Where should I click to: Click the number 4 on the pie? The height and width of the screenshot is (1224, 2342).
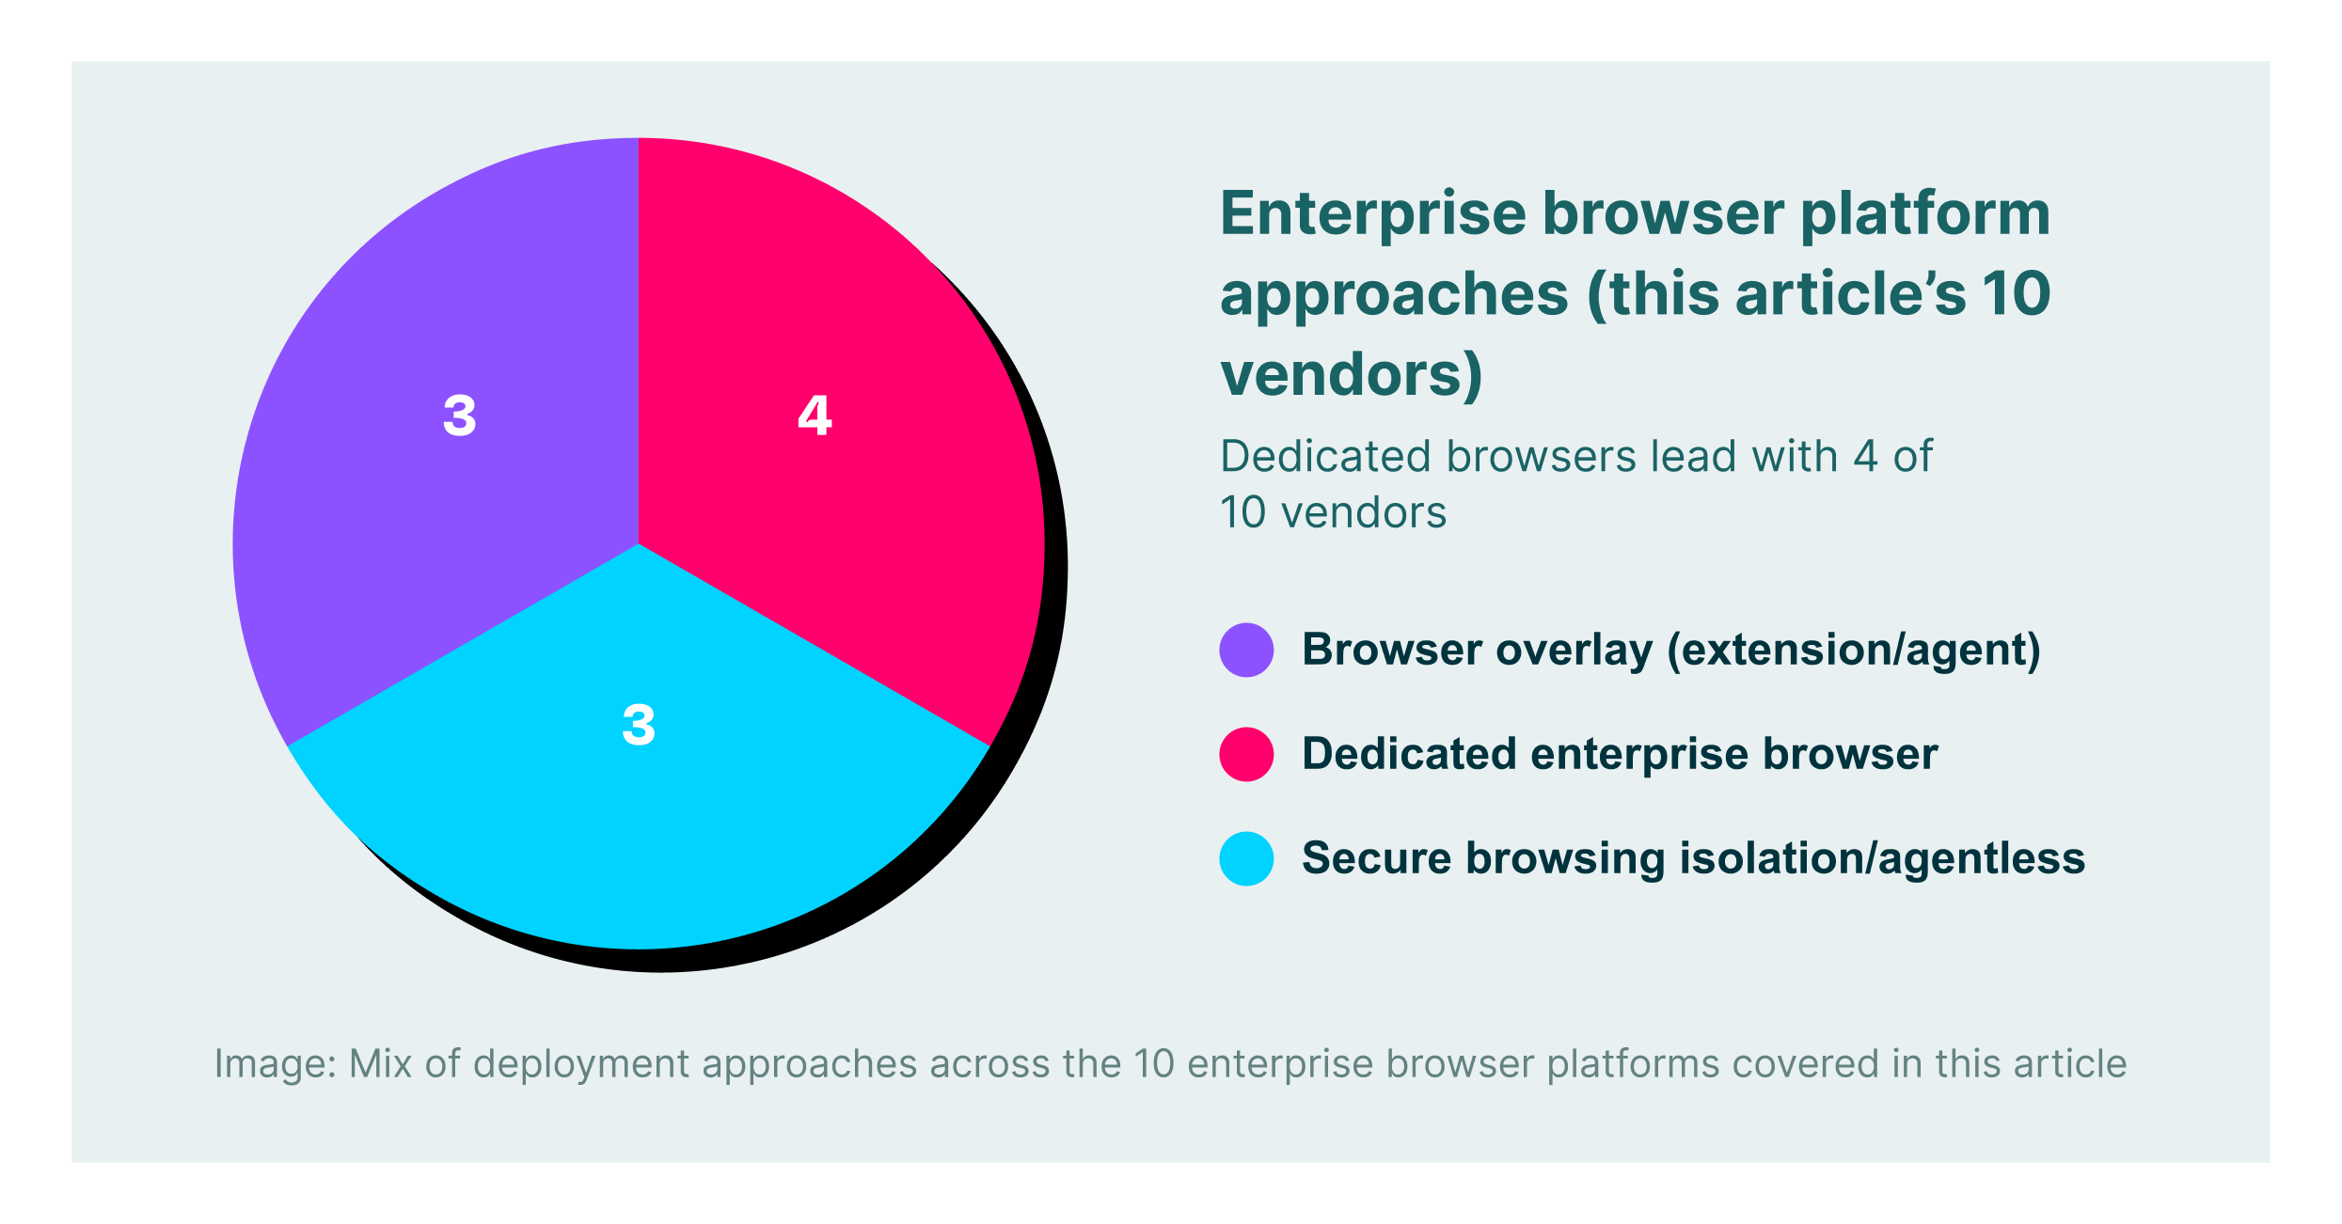[x=815, y=415]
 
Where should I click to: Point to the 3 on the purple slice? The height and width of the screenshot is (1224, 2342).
[x=459, y=415]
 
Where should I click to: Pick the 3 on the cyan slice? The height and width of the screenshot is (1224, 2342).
[x=639, y=725]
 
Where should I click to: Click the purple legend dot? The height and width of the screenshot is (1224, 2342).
[x=1246, y=650]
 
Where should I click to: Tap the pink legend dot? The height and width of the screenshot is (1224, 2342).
[x=1246, y=754]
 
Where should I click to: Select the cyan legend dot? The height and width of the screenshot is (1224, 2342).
[x=1246, y=858]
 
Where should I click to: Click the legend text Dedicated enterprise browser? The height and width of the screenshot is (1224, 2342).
[x=1619, y=754]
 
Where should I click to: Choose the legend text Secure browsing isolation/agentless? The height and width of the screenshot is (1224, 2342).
[x=1693, y=858]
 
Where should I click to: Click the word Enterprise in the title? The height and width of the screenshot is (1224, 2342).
[x=1373, y=214]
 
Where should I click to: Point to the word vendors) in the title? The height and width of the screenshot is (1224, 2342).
[x=1351, y=374]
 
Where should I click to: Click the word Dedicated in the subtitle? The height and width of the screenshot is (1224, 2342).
[x=1326, y=457]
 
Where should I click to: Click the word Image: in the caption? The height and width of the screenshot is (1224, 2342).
[x=275, y=1064]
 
